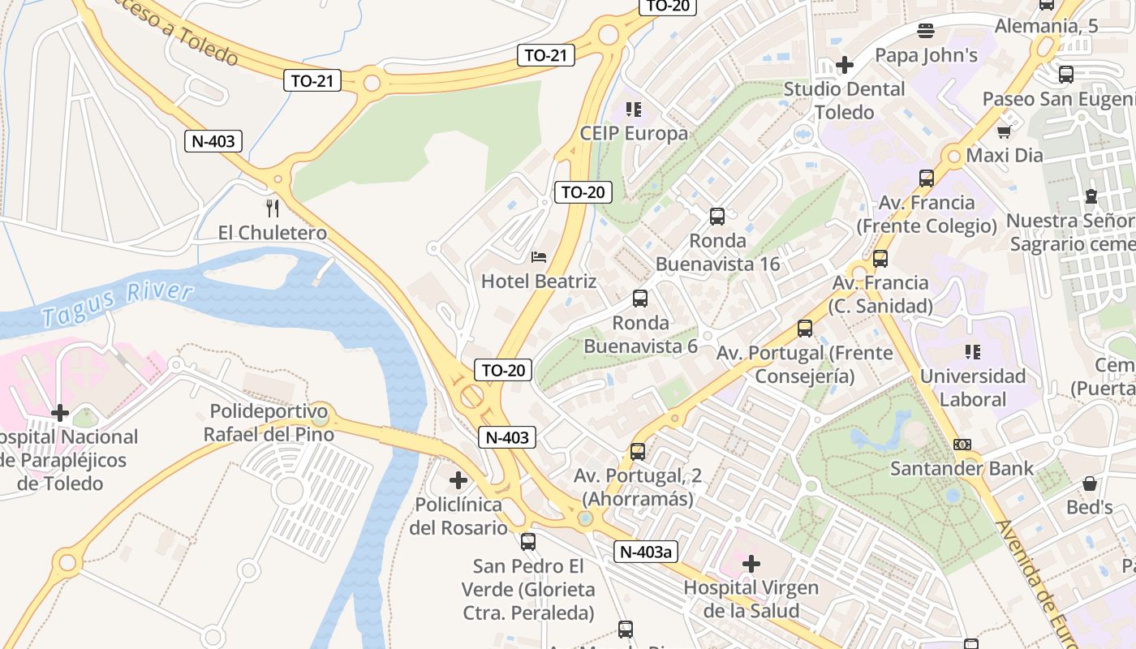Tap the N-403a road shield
pos(645,552)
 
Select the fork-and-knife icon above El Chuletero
pos(273,208)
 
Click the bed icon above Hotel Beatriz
pos(539,257)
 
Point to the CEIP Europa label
pos(634,133)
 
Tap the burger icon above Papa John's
pos(926,31)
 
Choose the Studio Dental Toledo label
pos(844,100)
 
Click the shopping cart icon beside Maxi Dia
pos(1004,131)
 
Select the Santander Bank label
pos(962,468)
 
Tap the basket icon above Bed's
pos(1090,484)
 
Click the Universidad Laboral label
pos(972,388)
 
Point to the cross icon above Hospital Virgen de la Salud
pos(751,562)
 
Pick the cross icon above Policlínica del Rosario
pos(458,480)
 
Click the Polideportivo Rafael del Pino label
pos(269,423)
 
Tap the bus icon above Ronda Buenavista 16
pos(717,217)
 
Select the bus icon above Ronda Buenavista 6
pos(640,299)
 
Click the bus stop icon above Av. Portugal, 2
pos(638,452)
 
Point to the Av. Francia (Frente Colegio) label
pos(927,214)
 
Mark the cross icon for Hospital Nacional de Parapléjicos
pos(60,413)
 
